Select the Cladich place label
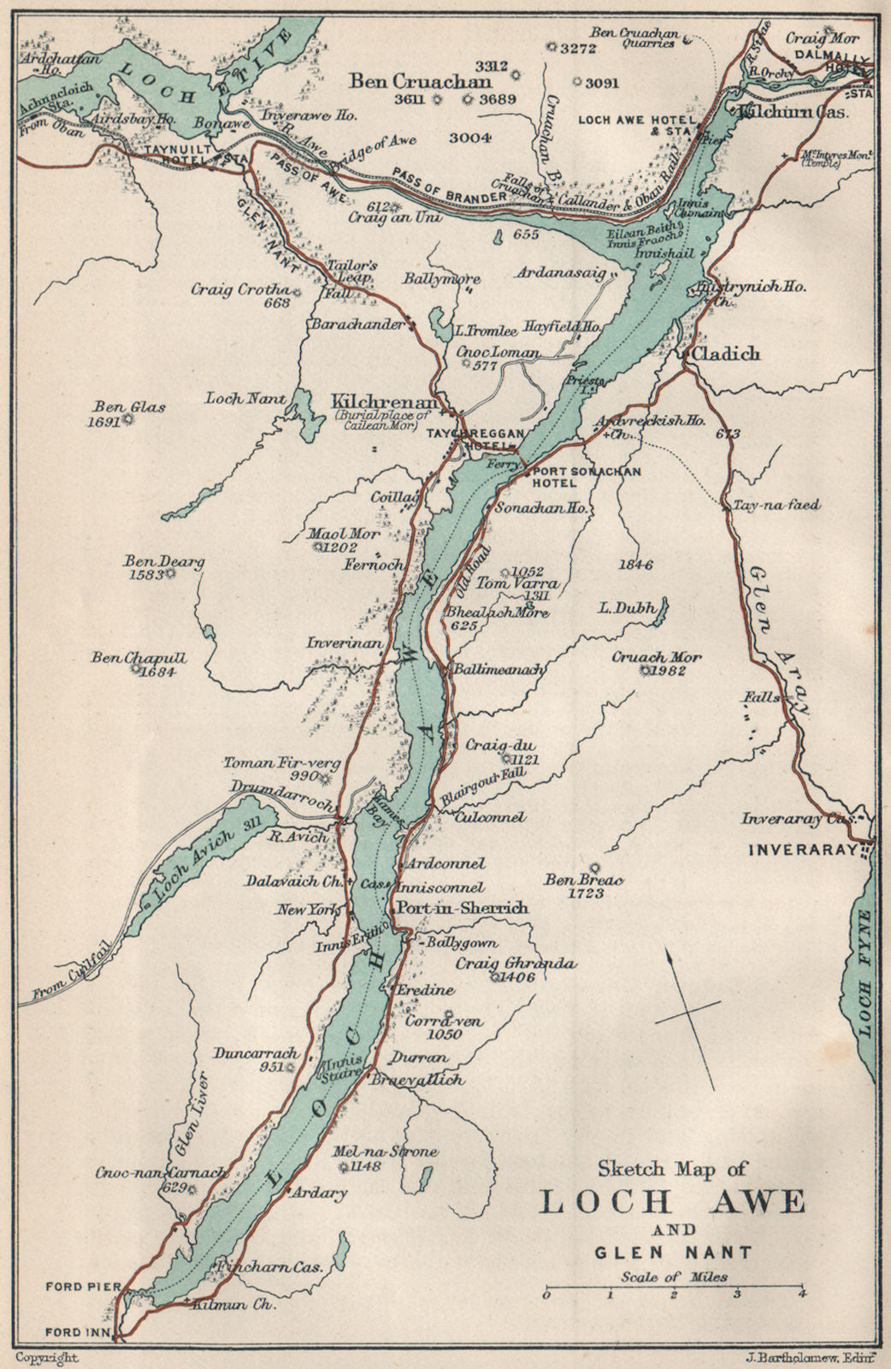tap(725, 354)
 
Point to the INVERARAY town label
tap(803, 850)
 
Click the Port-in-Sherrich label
tap(460, 909)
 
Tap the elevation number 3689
tap(499, 101)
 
